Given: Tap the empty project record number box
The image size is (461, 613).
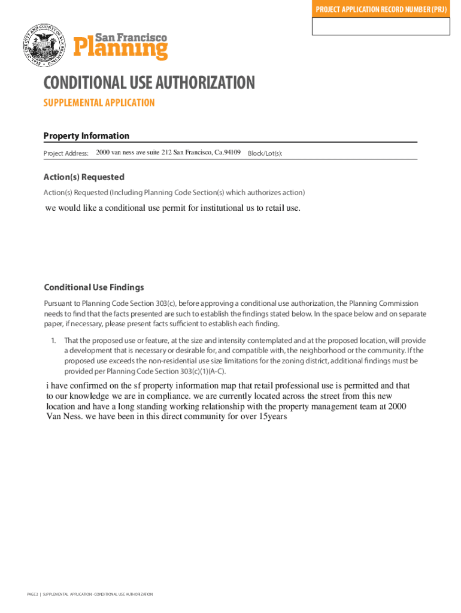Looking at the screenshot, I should tap(381, 27).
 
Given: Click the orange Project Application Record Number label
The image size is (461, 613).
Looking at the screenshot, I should tap(381, 10).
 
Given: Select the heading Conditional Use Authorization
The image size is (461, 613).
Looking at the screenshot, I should tap(149, 83).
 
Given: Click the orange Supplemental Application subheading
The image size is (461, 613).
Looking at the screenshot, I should tap(99, 103).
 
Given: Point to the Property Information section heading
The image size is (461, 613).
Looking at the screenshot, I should tap(86, 136).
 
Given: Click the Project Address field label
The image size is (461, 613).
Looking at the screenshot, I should tap(66, 154).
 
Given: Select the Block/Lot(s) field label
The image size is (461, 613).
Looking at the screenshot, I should tap(265, 154).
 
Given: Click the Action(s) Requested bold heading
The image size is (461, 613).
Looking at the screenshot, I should tap(84, 177).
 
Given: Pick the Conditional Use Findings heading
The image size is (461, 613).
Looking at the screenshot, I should tap(94, 287).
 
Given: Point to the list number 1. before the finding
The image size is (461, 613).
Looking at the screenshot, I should tap(53, 341).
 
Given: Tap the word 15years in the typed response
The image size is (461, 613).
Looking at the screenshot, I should tap(272, 417).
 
